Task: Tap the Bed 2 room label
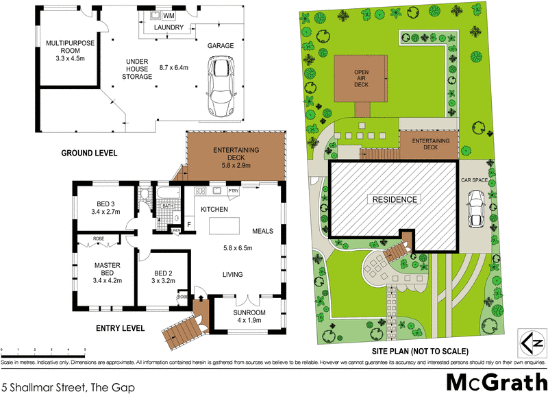click(162, 276)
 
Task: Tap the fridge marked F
click(189, 224)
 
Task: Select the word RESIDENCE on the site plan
click(395, 199)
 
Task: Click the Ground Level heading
click(89, 152)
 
